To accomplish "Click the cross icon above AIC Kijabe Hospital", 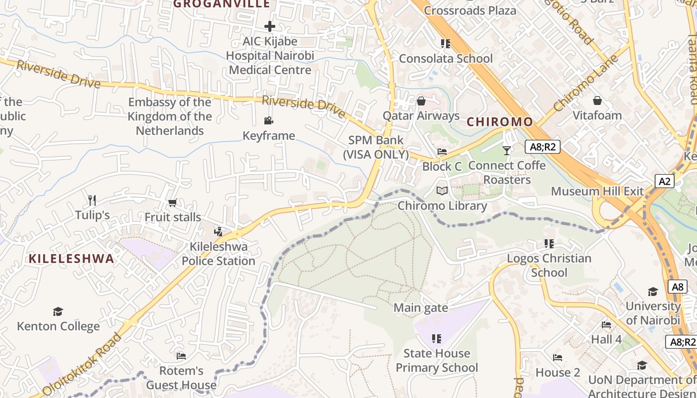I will click(x=269, y=26).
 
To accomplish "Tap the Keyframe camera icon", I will click(x=269, y=120).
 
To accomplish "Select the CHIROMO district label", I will click(x=499, y=122).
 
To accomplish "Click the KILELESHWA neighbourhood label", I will click(x=71, y=259).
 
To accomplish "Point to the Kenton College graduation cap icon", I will click(x=58, y=311).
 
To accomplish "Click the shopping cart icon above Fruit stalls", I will click(x=173, y=202).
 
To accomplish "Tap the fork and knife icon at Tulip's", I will click(x=92, y=200).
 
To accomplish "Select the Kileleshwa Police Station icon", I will click(x=218, y=231).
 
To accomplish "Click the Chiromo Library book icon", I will click(x=442, y=191).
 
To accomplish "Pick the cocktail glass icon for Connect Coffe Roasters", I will click(x=507, y=150).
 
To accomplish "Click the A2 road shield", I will click(x=665, y=181).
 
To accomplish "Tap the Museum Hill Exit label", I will click(x=597, y=192).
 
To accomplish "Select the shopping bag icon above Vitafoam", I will click(x=597, y=100).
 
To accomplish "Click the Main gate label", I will click(x=421, y=308).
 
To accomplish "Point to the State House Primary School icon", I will click(x=437, y=339).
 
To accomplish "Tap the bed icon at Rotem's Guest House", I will click(x=181, y=356).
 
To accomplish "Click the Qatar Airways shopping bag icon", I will click(x=421, y=101).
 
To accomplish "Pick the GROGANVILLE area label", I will click(x=222, y=4).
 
